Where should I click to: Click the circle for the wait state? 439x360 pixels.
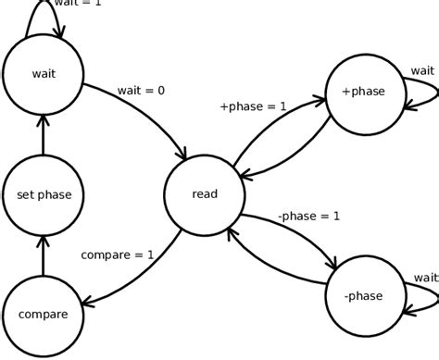pos(44,74)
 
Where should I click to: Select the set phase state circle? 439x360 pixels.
pos(44,194)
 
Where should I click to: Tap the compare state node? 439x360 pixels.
pos(44,315)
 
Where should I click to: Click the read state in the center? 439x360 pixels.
pos(204,194)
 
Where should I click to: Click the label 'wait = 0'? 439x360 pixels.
pos(141,91)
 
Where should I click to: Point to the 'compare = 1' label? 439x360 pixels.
pos(118,254)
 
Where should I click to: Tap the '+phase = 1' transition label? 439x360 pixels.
pos(253,106)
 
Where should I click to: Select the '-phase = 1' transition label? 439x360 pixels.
pos(308,217)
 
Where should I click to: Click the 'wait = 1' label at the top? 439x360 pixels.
pos(78,4)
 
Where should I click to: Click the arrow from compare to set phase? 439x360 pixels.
pos(44,254)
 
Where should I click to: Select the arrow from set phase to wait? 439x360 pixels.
pos(44,134)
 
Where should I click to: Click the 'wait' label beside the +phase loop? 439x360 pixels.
pos(422,70)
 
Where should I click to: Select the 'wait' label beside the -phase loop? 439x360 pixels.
pos(425,277)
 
